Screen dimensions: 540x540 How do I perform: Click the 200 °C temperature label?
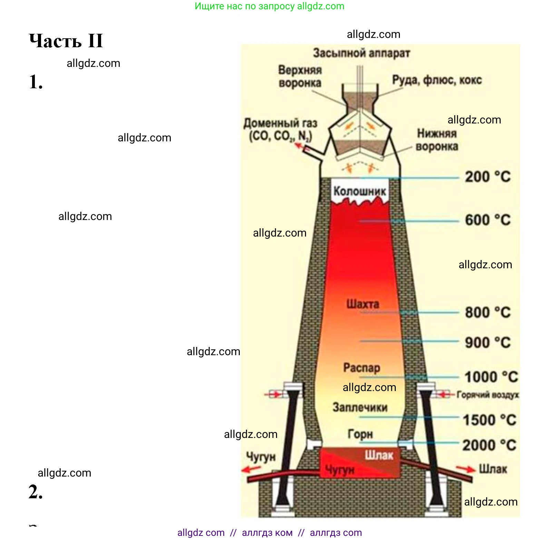(487, 177)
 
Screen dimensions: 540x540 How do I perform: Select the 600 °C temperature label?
(487, 220)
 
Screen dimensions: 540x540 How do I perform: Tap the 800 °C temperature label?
(487, 312)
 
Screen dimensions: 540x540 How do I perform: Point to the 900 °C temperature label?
(487, 342)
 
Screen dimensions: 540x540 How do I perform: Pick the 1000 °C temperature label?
(491, 377)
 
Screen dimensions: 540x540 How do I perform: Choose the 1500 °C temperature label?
(489, 420)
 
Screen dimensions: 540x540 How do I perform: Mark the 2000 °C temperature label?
(489, 445)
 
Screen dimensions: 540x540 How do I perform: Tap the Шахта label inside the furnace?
(363, 304)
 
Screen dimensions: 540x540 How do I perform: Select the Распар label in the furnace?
(361, 368)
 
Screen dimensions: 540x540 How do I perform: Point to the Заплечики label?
(360, 407)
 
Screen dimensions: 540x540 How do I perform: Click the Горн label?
(360, 434)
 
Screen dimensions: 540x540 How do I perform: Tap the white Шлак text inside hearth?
(379, 456)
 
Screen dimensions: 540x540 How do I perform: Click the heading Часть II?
(66, 41)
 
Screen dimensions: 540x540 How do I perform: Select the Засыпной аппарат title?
(361, 53)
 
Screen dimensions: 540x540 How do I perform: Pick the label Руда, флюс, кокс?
(436, 80)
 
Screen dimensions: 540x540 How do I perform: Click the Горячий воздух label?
(488, 395)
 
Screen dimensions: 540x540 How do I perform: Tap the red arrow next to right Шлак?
(465, 469)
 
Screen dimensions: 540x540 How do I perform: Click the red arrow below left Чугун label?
(251, 469)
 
